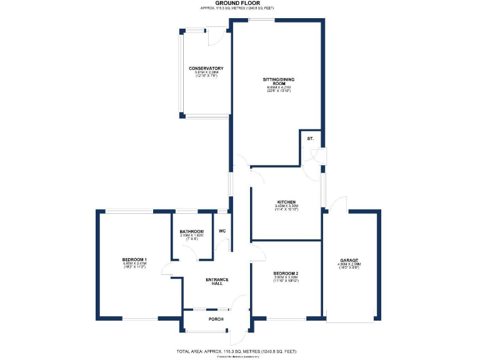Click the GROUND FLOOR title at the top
pos(237,3)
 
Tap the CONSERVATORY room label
pos(206,68)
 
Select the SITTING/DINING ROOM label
pos(278,82)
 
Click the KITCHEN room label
pos(286,202)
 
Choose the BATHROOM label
pos(192,232)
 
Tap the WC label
pos(222,231)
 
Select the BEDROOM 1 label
pos(134,259)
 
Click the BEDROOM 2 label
pos(286,274)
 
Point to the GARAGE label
pos(349,260)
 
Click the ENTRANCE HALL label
pos(217,281)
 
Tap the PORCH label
pos(216,319)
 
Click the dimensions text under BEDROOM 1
pos(134,266)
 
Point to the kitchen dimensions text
pos(286,207)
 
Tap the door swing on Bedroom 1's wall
pos(166,269)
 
